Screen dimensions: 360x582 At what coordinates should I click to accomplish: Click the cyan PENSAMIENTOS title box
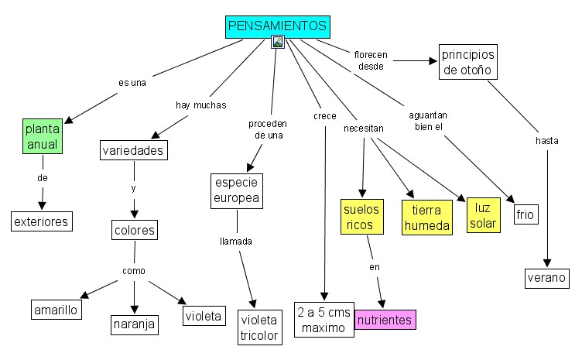coord(278,26)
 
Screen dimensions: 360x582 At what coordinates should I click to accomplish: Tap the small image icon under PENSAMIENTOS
coord(278,43)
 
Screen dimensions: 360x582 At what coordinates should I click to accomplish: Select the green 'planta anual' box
coord(42,136)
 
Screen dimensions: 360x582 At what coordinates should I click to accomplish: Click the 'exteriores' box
coord(42,221)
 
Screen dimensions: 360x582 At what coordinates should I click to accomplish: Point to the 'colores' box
coord(135,230)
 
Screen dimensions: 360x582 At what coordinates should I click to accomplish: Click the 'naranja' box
coord(134,323)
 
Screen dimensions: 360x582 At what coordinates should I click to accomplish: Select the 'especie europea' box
coord(238,190)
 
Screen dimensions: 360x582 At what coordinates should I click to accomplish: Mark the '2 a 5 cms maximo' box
coord(324,320)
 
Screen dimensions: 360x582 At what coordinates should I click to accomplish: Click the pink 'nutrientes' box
coord(385,319)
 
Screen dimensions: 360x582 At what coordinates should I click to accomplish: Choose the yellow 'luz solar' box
coord(483,214)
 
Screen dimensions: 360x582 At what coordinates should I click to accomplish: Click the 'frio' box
coord(526,214)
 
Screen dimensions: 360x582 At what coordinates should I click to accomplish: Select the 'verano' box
coord(547,278)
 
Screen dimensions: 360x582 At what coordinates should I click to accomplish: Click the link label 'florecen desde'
coord(371,60)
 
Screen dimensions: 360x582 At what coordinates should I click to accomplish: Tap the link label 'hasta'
coord(546,140)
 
